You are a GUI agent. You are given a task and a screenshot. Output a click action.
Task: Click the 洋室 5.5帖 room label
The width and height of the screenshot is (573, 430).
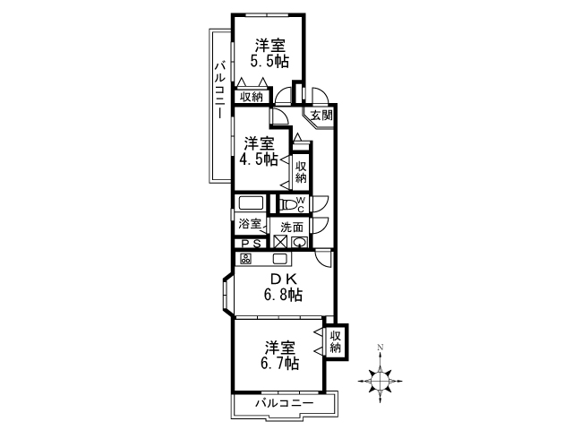(269, 54)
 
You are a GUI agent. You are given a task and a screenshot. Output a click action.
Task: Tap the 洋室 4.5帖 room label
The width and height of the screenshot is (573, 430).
(259, 151)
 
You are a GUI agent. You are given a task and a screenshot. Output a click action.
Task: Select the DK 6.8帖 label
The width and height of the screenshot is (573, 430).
(283, 287)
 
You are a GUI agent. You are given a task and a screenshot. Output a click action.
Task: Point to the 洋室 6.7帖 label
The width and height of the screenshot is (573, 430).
(280, 356)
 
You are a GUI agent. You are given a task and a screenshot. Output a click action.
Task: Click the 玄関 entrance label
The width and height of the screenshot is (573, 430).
(321, 116)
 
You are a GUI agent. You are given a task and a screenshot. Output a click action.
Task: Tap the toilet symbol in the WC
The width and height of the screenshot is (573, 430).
(288, 204)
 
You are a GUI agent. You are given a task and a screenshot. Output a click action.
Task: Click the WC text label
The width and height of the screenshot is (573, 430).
(300, 204)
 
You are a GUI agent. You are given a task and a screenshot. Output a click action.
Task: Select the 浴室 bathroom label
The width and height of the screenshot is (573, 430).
(250, 223)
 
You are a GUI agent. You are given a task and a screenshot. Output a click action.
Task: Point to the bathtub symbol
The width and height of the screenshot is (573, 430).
(251, 203)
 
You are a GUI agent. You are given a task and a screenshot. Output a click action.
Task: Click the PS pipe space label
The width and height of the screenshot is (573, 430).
(252, 244)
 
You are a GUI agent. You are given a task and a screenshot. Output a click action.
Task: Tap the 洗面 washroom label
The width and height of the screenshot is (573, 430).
(292, 227)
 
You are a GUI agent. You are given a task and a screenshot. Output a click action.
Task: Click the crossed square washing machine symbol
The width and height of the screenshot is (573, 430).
(280, 242)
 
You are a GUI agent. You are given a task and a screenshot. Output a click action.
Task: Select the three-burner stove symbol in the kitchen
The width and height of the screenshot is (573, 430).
(245, 259)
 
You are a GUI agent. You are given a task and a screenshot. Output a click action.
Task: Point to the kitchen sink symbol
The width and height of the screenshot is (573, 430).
(281, 259)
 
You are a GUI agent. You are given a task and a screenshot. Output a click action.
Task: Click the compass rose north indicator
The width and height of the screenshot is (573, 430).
(380, 381)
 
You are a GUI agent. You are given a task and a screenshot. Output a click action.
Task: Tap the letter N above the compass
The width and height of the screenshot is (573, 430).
(380, 347)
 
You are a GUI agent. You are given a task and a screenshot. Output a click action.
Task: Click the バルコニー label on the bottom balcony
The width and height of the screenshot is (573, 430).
(285, 403)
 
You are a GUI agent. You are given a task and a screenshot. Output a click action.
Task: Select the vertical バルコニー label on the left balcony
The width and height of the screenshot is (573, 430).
(219, 90)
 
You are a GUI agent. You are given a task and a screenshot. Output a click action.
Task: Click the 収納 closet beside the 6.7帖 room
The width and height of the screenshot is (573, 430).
(336, 341)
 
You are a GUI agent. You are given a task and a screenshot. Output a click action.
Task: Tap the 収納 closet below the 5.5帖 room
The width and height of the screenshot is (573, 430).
(252, 97)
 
